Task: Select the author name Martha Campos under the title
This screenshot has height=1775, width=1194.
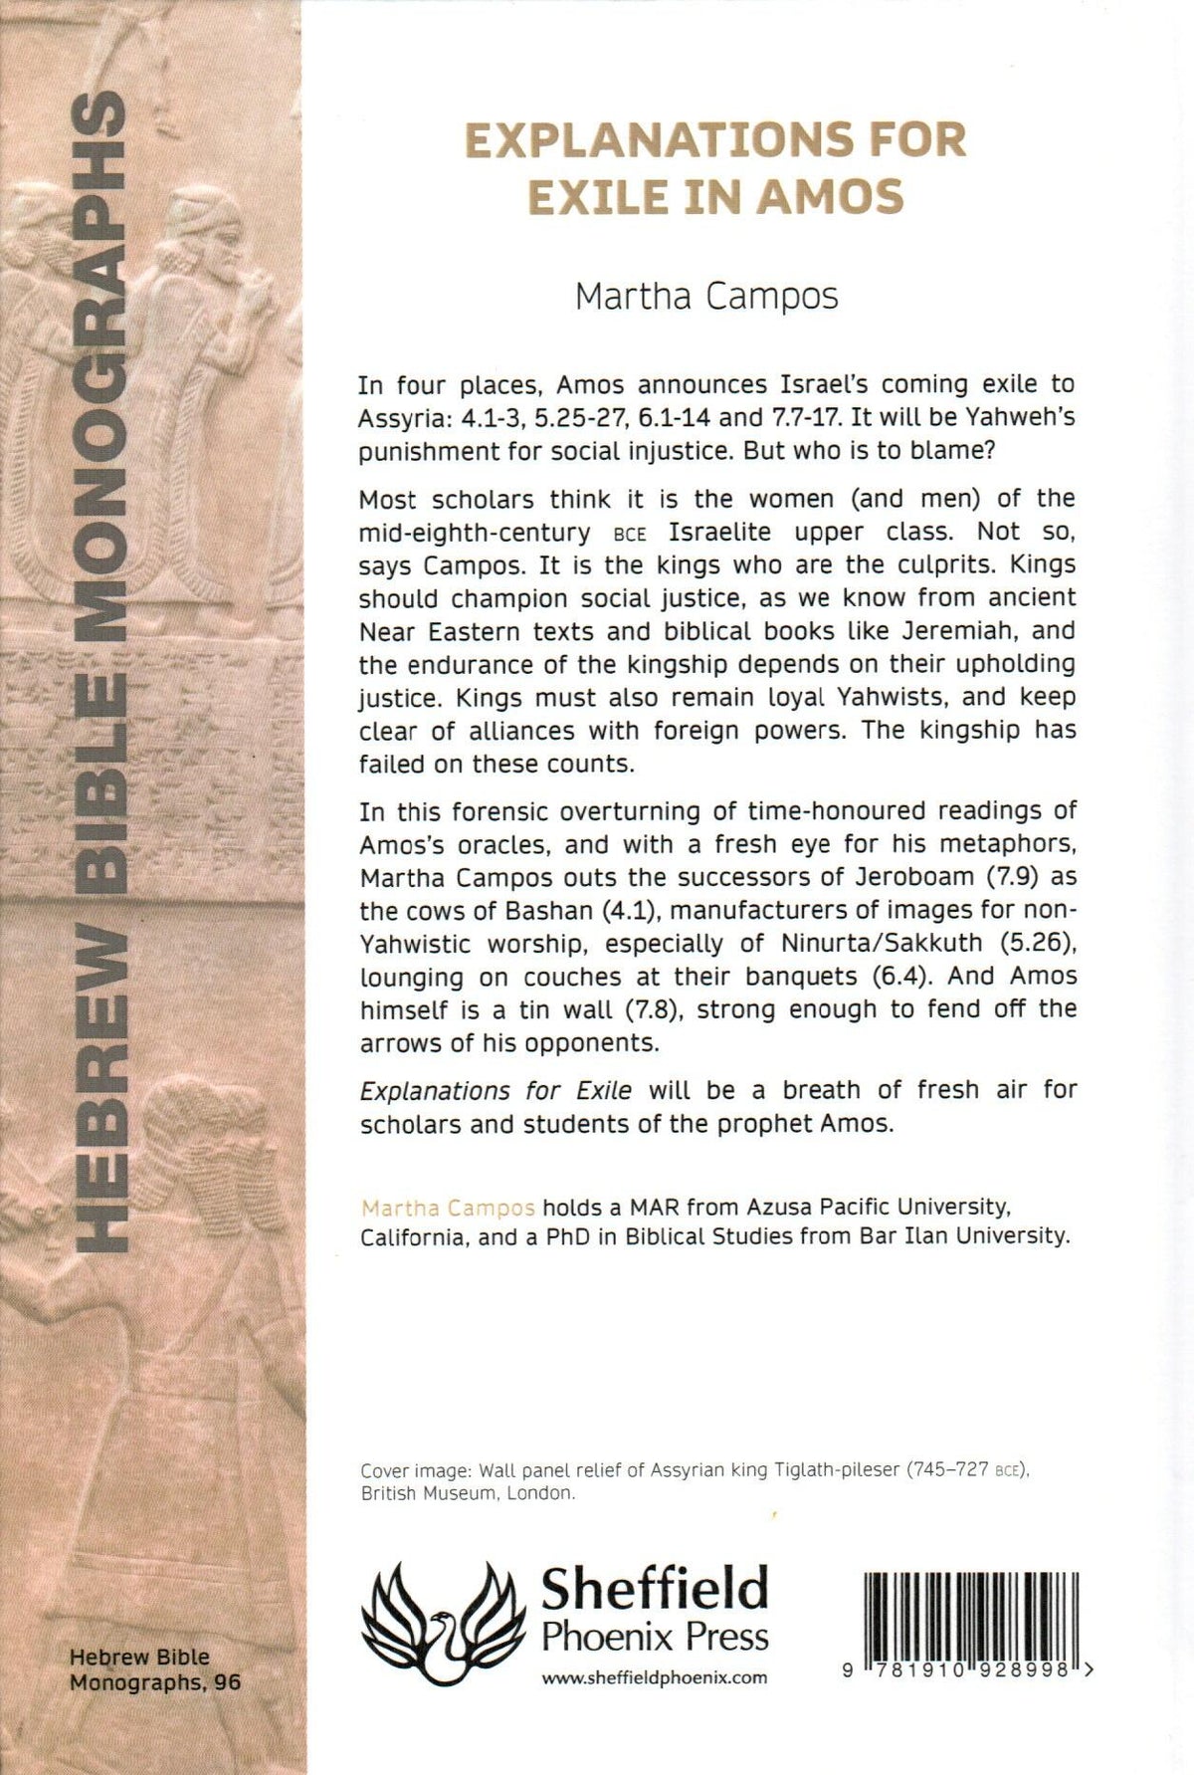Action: (706, 297)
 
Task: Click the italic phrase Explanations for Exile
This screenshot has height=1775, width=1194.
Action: (496, 1090)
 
